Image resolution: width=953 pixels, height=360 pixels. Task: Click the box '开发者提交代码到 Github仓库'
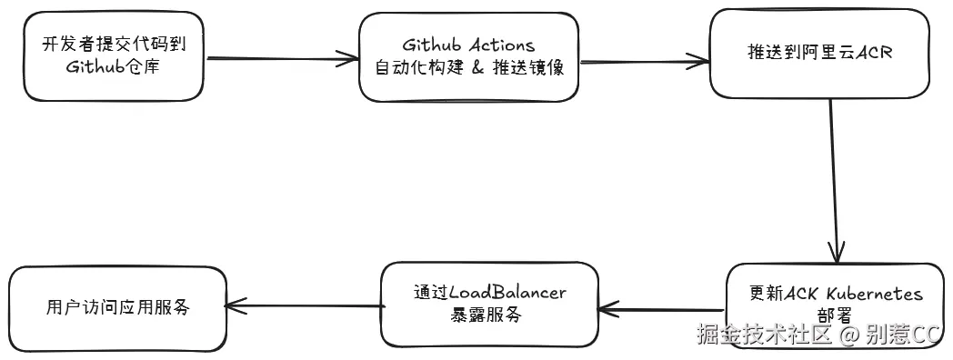pyautogui.click(x=114, y=56)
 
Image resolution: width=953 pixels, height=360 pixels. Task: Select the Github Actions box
pyautogui.click(x=468, y=56)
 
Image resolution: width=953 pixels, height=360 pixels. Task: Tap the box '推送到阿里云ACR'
pyautogui.click(x=819, y=53)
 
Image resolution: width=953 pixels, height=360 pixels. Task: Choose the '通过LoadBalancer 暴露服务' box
pyautogui.click(x=489, y=304)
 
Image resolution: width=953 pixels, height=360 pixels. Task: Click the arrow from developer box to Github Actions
pyautogui.click(x=282, y=61)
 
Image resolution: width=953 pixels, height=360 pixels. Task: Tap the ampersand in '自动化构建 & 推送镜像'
pyautogui.click(x=478, y=68)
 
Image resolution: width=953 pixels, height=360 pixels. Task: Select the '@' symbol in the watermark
pyautogui.click(x=848, y=335)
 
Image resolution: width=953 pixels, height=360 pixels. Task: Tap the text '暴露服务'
pyautogui.click(x=487, y=315)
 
